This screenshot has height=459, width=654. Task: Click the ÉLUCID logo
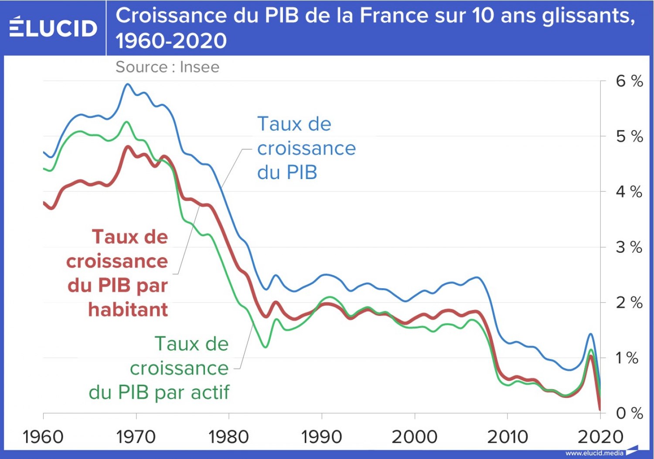click(x=53, y=28)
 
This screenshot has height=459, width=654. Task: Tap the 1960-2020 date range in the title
click(x=171, y=41)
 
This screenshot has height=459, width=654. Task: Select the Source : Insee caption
click(x=167, y=67)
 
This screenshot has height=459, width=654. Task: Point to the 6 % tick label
click(x=629, y=81)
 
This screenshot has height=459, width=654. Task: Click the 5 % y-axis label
click(x=629, y=137)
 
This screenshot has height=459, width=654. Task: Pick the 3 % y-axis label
click(x=629, y=248)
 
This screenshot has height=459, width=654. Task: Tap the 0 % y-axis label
click(x=629, y=413)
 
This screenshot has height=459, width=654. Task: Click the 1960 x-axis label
click(x=43, y=437)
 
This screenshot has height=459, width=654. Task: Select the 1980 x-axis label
click(x=229, y=437)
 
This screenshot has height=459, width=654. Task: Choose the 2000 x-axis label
click(x=415, y=437)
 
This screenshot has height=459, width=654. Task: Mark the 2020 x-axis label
click(x=600, y=437)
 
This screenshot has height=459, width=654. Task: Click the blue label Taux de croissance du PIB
click(x=306, y=148)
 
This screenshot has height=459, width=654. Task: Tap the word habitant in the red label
click(x=128, y=310)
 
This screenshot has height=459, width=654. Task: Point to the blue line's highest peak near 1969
click(x=127, y=84)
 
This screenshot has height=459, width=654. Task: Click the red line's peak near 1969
click(x=128, y=147)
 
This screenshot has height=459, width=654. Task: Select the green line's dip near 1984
click(x=265, y=347)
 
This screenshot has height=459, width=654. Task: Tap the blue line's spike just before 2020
click(x=591, y=334)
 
